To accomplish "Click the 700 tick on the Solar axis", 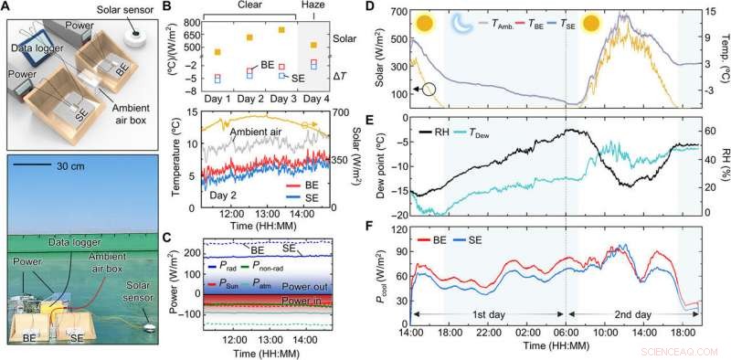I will (348, 112).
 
